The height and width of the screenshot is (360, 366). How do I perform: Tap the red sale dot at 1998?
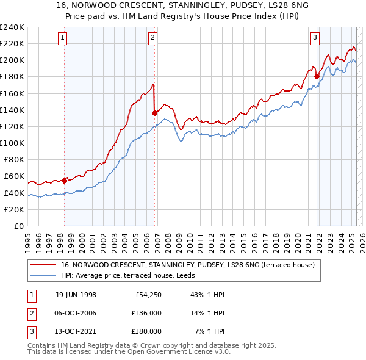(x=65, y=181)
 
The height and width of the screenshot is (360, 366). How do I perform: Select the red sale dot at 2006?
(x=154, y=113)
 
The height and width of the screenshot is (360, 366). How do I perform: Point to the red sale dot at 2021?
(x=317, y=76)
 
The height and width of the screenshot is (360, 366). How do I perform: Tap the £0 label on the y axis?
(x=18, y=226)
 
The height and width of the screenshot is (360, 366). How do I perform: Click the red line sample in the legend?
(x=44, y=265)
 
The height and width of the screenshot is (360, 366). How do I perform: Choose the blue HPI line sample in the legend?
(x=44, y=275)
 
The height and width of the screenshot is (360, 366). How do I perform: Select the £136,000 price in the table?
(x=146, y=314)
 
